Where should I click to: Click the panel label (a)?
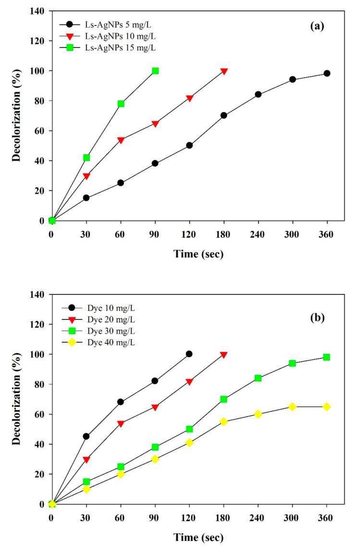(319, 27)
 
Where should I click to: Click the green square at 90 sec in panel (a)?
(155, 71)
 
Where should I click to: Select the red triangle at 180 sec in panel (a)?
(223, 71)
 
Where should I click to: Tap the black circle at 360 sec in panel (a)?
(327, 73)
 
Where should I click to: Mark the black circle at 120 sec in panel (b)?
(189, 354)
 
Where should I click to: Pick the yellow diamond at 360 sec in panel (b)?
(327, 407)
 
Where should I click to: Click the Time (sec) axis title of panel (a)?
(192, 255)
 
